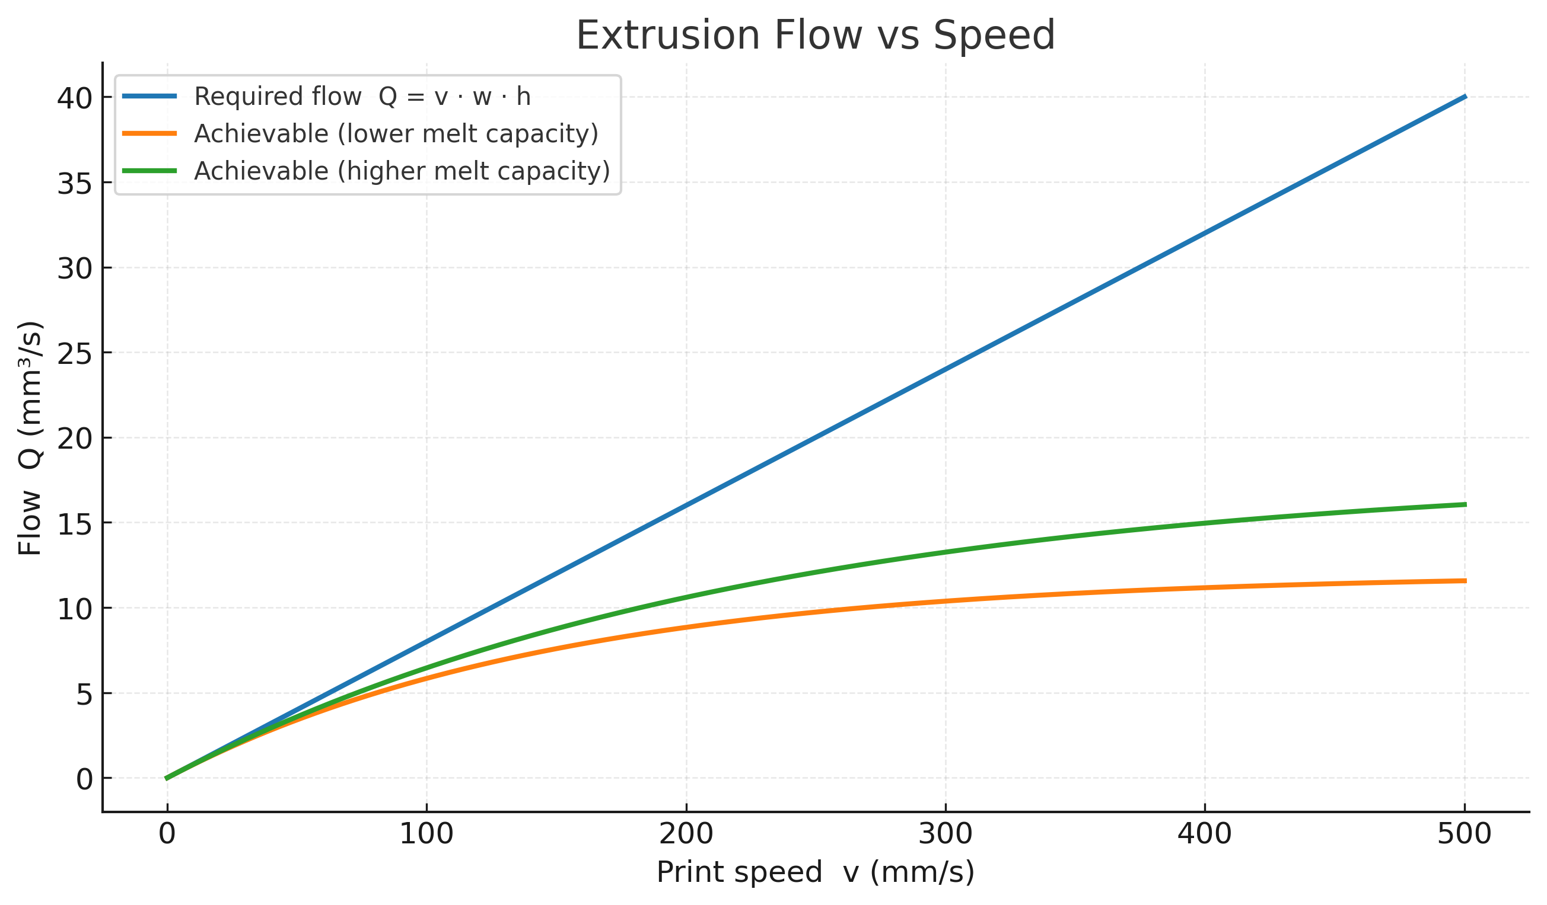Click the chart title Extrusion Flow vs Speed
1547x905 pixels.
click(815, 36)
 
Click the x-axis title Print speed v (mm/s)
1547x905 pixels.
click(815, 872)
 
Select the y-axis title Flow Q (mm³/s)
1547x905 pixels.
click(30, 438)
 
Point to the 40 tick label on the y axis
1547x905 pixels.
click(75, 98)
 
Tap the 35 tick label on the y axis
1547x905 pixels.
click(75, 184)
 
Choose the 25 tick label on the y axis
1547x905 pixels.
click(75, 354)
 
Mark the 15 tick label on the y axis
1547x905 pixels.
click(75, 524)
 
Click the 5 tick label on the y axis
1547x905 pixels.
click(84, 695)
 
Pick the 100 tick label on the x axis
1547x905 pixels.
click(426, 834)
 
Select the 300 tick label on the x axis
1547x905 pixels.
click(946, 834)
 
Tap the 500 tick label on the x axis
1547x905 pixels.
click(1464, 834)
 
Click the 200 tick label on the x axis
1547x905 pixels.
click(686, 834)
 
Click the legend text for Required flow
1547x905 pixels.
click(362, 97)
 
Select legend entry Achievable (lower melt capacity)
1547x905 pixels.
click(396, 134)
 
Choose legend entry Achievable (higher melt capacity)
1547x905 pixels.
click(402, 171)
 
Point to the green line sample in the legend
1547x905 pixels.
click(150, 171)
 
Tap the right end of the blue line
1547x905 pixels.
click(1465, 97)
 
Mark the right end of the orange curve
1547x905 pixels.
click(1465, 580)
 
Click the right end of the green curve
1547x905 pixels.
click(1465, 504)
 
